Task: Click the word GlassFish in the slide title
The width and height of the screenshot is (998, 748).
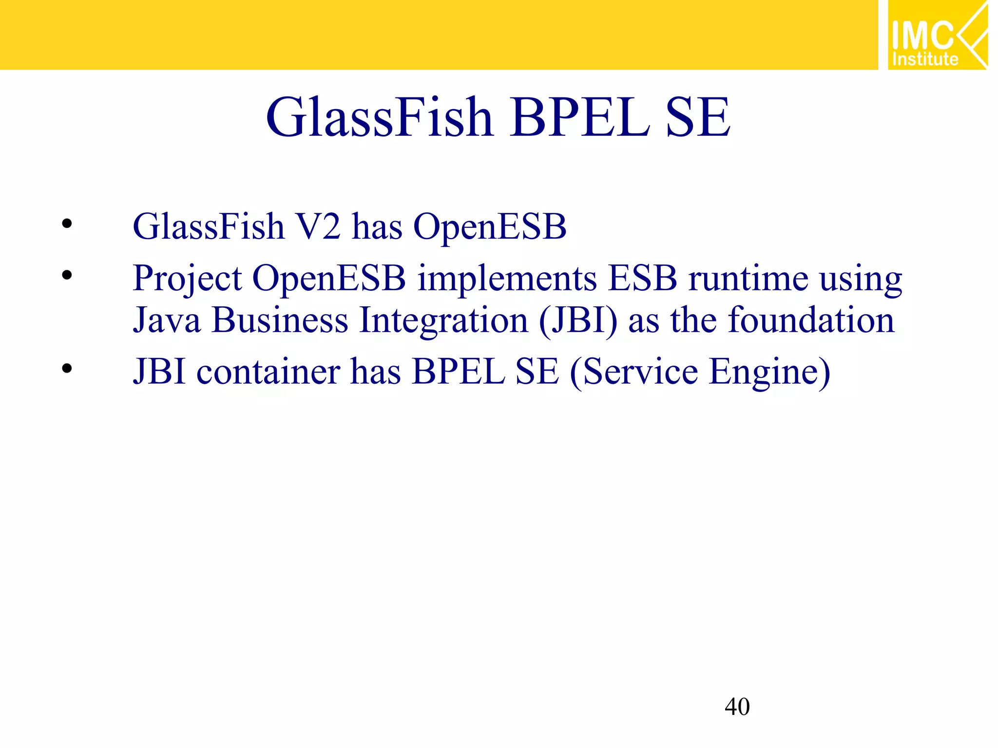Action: (x=380, y=117)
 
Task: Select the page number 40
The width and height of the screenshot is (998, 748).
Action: (x=737, y=707)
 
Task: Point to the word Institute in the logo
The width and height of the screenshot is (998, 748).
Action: (x=925, y=59)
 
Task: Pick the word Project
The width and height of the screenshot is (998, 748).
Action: (x=187, y=279)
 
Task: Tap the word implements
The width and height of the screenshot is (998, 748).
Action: (x=507, y=279)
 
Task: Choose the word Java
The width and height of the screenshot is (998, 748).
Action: (x=167, y=320)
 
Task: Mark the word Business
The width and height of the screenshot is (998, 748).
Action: (x=280, y=320)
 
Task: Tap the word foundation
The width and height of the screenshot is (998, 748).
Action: (x=811, y=320)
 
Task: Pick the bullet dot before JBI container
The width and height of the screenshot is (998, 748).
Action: (x=67, y=368)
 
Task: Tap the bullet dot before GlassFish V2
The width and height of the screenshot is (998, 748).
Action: (x=67, y=224)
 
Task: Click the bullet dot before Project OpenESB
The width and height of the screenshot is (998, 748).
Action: (x=67, y=276)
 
